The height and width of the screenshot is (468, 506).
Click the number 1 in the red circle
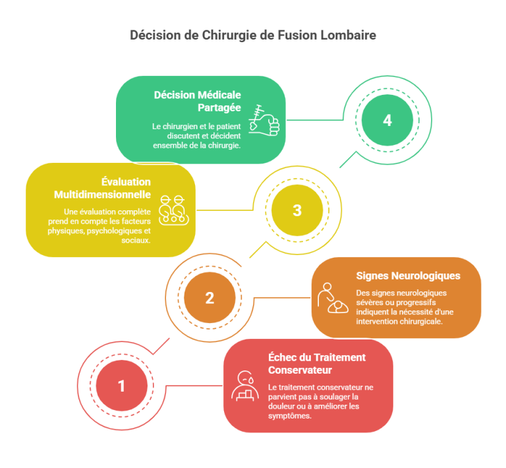[x=121, y=386]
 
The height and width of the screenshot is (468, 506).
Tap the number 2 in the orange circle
[x=210, y=298]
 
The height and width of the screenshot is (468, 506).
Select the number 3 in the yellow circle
[x=297, y=210]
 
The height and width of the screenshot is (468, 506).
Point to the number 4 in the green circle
[x=387, y=121]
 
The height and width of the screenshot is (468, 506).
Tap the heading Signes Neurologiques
[x=408, y=276]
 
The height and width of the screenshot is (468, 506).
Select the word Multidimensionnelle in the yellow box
[x=102, y=194]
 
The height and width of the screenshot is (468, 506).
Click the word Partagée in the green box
[x=219, y=108]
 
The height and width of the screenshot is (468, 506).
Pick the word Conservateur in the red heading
[x=300, y=370]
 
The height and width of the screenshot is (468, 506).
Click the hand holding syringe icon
[x=264, y=121]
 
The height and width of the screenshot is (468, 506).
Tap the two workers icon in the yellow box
[x=174, y=210]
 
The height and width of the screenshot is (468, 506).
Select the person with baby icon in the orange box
[x=333, y=298]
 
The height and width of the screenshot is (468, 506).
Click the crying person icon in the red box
[x=245, y=386]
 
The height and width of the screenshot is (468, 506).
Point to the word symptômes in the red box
[x=289, y=416]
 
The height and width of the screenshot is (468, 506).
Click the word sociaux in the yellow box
[x=136, y=241]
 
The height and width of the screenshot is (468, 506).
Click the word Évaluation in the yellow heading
[x=126, y=182]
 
